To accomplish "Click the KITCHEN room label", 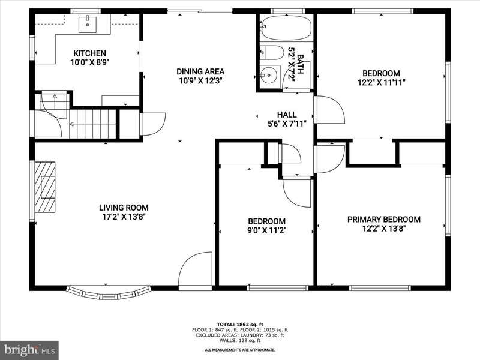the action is coord(89,53).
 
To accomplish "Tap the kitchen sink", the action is coord(88,25).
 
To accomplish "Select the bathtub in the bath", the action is coord(286,28).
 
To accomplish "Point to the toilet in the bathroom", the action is coord(272,53).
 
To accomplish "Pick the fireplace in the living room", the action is coord(44,187).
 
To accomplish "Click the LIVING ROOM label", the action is coord(124,208).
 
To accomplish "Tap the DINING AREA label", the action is coord(200,71).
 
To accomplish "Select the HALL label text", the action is coord(287,115).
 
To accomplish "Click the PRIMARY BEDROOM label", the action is coord(384,220).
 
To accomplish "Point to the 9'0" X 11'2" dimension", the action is coord(266,230).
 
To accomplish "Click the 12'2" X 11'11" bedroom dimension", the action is coord(382,82).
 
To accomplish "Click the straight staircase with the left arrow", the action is coord(92,124).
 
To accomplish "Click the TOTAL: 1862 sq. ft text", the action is coord(240,325).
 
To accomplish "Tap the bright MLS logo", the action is coord(29,350).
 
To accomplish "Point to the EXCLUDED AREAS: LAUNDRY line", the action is coord(240,335).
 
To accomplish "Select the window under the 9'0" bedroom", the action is coord(278,288).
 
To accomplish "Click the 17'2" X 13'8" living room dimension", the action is coord(124,217).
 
